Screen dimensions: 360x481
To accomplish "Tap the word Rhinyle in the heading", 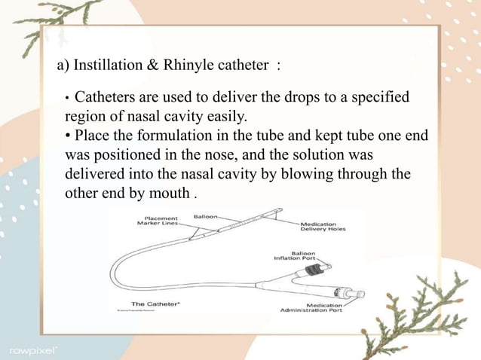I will click(x=195, y=66).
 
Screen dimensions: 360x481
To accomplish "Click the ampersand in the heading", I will click(x=157, y=66).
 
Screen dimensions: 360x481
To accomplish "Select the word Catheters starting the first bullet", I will click(x=106, y=99).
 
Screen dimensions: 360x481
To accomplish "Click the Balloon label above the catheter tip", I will click(x=205, y=216).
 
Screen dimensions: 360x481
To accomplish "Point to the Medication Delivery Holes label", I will click(x=323, y=226).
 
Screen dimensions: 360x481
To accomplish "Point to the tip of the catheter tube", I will click(x=280, y=210).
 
